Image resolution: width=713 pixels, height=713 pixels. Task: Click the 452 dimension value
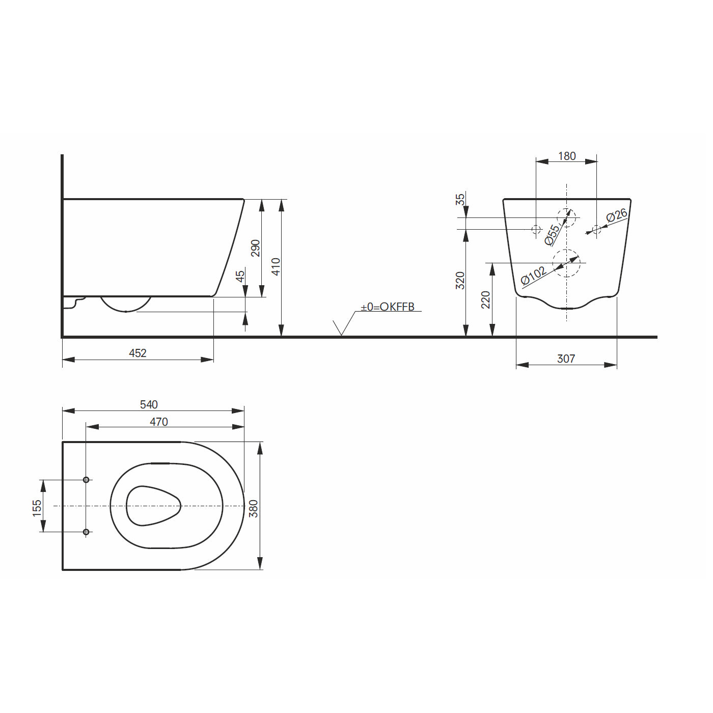(138, 353)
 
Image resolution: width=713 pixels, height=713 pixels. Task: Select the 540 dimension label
(149, 404)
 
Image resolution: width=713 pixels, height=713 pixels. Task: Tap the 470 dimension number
(159, 422)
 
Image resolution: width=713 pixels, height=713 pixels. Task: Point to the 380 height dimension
(254, 508)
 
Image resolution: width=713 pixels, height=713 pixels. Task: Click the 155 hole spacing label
(37, 508)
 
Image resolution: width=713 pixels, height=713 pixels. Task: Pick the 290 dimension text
(255, 248)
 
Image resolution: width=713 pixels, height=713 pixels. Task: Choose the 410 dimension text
(276, 267)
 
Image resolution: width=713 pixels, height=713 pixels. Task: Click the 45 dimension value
(240, 276)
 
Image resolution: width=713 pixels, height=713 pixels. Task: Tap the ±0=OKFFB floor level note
(388, 307)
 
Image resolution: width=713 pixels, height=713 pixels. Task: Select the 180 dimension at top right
(567, 156)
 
